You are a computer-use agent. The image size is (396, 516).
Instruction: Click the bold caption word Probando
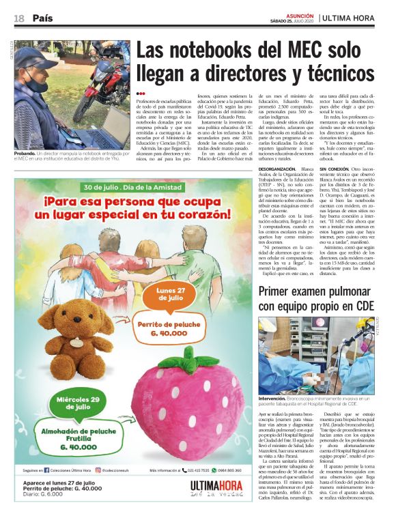26,154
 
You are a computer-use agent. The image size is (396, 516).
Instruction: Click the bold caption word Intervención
277,399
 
